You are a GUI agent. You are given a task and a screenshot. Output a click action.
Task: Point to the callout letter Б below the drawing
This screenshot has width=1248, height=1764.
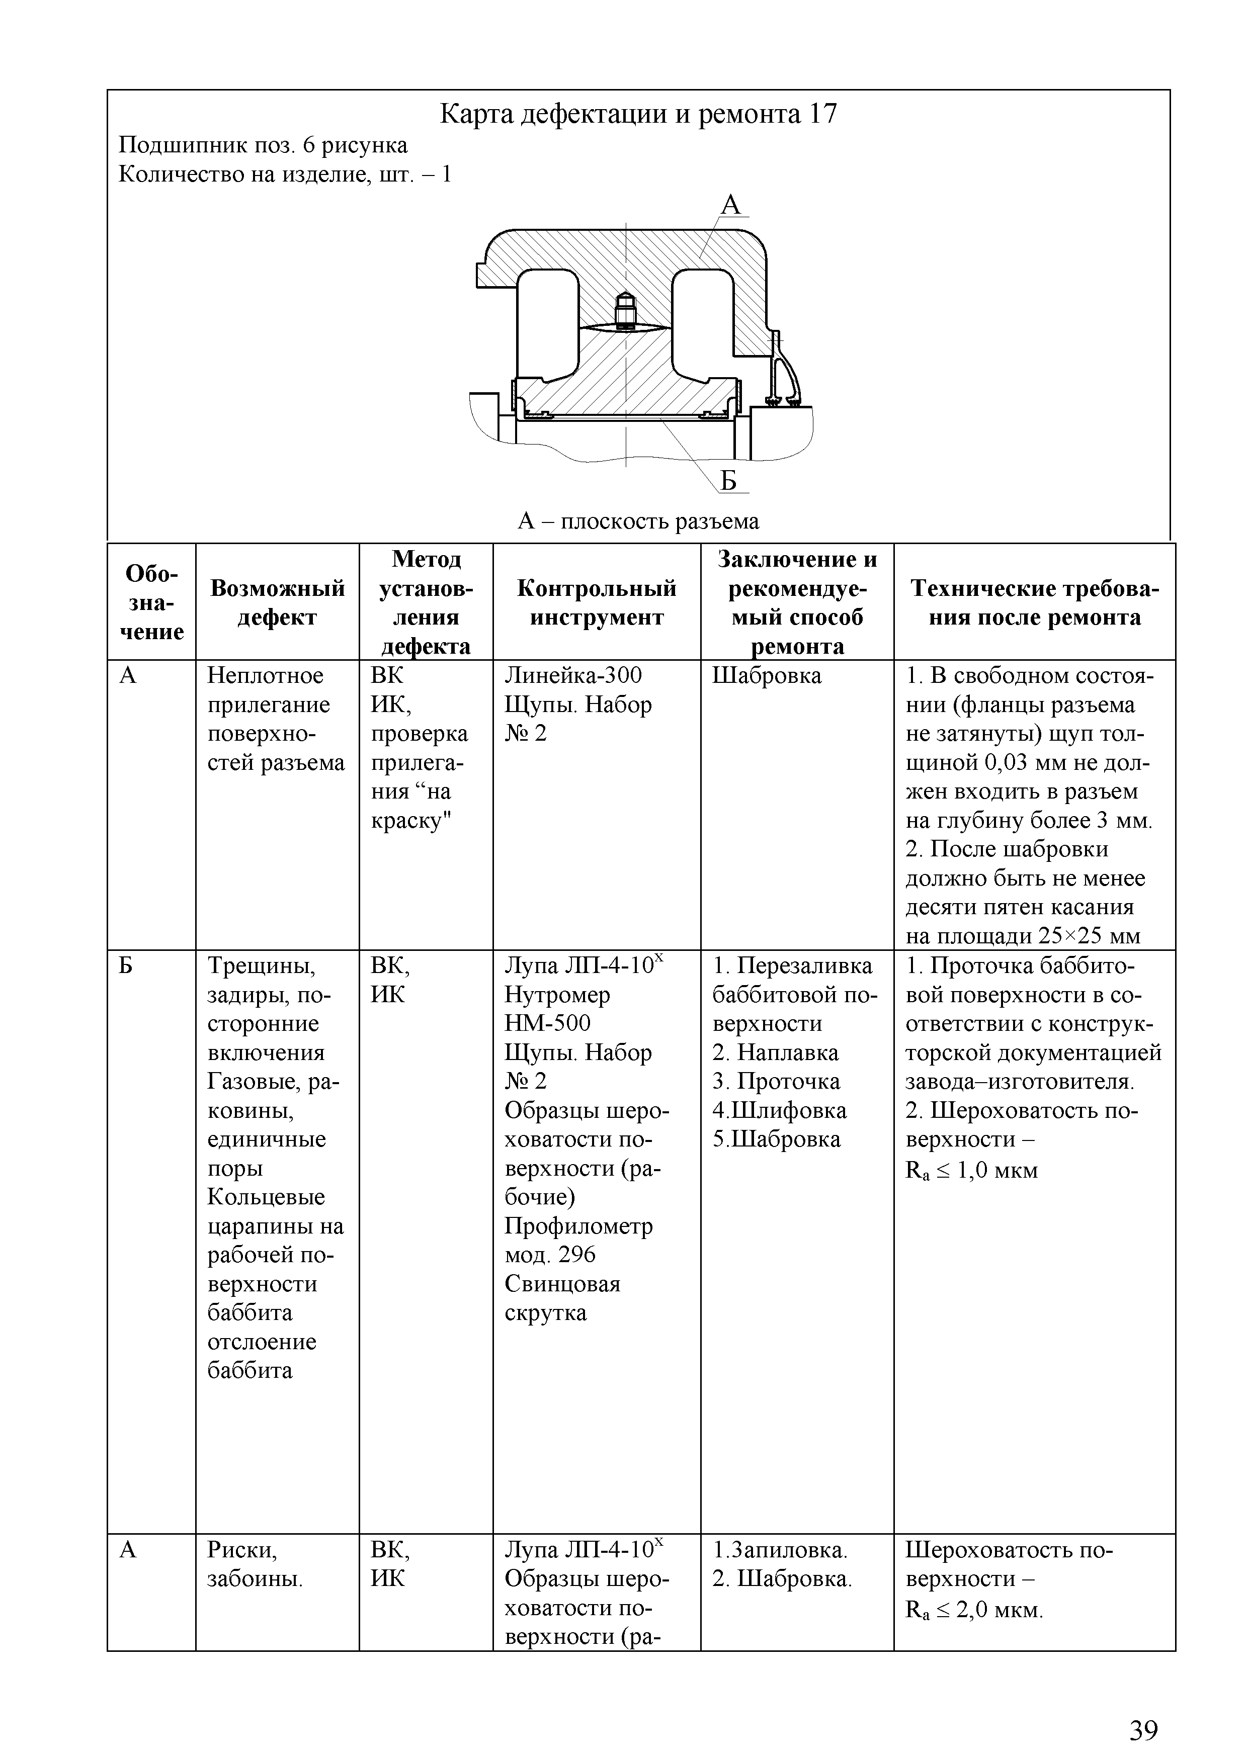pyautogui.click(x=728, y=480)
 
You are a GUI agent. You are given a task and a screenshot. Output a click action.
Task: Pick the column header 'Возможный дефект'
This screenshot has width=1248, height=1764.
pyautogui.click(x=278, y=603)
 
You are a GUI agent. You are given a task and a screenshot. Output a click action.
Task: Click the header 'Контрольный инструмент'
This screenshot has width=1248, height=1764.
pyautogui.click(x=597, y=603)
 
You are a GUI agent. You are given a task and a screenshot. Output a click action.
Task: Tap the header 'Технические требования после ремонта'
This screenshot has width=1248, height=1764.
pyautogui.click(x=1034, y=603)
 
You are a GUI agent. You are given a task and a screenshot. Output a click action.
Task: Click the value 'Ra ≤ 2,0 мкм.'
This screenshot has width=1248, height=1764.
pyautogui.click(x=974, y=1610)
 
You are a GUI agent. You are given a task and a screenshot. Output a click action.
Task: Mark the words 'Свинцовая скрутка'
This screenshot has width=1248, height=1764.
pyautogui.click(x=562, y=1298)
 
